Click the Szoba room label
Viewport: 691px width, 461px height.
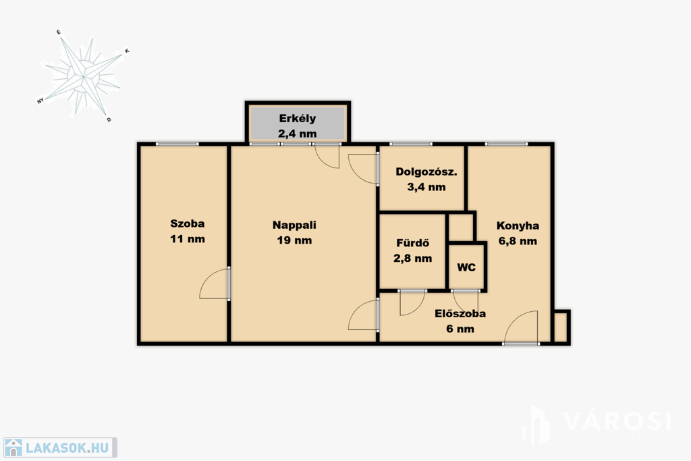pyautogui.click(x=188, y=223)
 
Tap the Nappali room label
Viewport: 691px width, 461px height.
pyautogui.click(x=294, y=225)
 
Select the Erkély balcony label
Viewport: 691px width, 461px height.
pyautogui.click(x=298, y=119)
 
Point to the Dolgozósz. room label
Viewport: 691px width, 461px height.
pyautogui.click(x=426, y=172)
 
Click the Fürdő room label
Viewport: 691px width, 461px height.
pyautogui.click(x=412, y=243)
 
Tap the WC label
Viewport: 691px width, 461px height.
pyautogui.click(x=466, y=267)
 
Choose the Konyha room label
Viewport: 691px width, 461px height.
pyautogui.click(x=518, y=225)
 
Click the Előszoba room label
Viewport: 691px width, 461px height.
pyautogui.click(x=460, y=313)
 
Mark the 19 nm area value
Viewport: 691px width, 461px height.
pyautogui.click(x=294, y=240)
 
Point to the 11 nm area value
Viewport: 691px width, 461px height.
pyautogui.click(x=188, y=239)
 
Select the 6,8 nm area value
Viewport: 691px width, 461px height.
pyautogui.click(x=518, y=241)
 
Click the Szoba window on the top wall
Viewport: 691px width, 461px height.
pyautogui.click(x=178, y=144)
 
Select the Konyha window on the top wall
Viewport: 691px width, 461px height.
pyautogui.click(x=506, y=144)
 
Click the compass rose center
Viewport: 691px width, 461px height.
pyautogui.click(x=83, y=77)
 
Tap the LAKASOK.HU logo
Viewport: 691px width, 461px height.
pyautogui.click(x=60, y=448)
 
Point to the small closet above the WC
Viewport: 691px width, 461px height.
pyautogui.click(x=460, y=227)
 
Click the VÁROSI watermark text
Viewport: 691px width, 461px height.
pyautogui.click(x=617, y=421)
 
